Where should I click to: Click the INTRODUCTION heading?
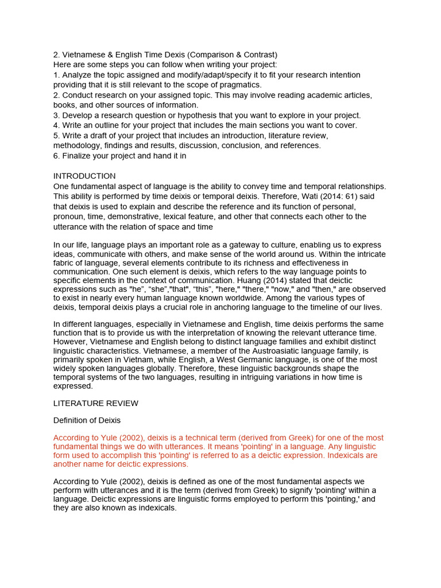[84, 176]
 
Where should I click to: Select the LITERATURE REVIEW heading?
[95, 404]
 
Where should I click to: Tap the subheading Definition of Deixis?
[87, 420]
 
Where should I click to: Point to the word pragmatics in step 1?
[236, 85]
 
